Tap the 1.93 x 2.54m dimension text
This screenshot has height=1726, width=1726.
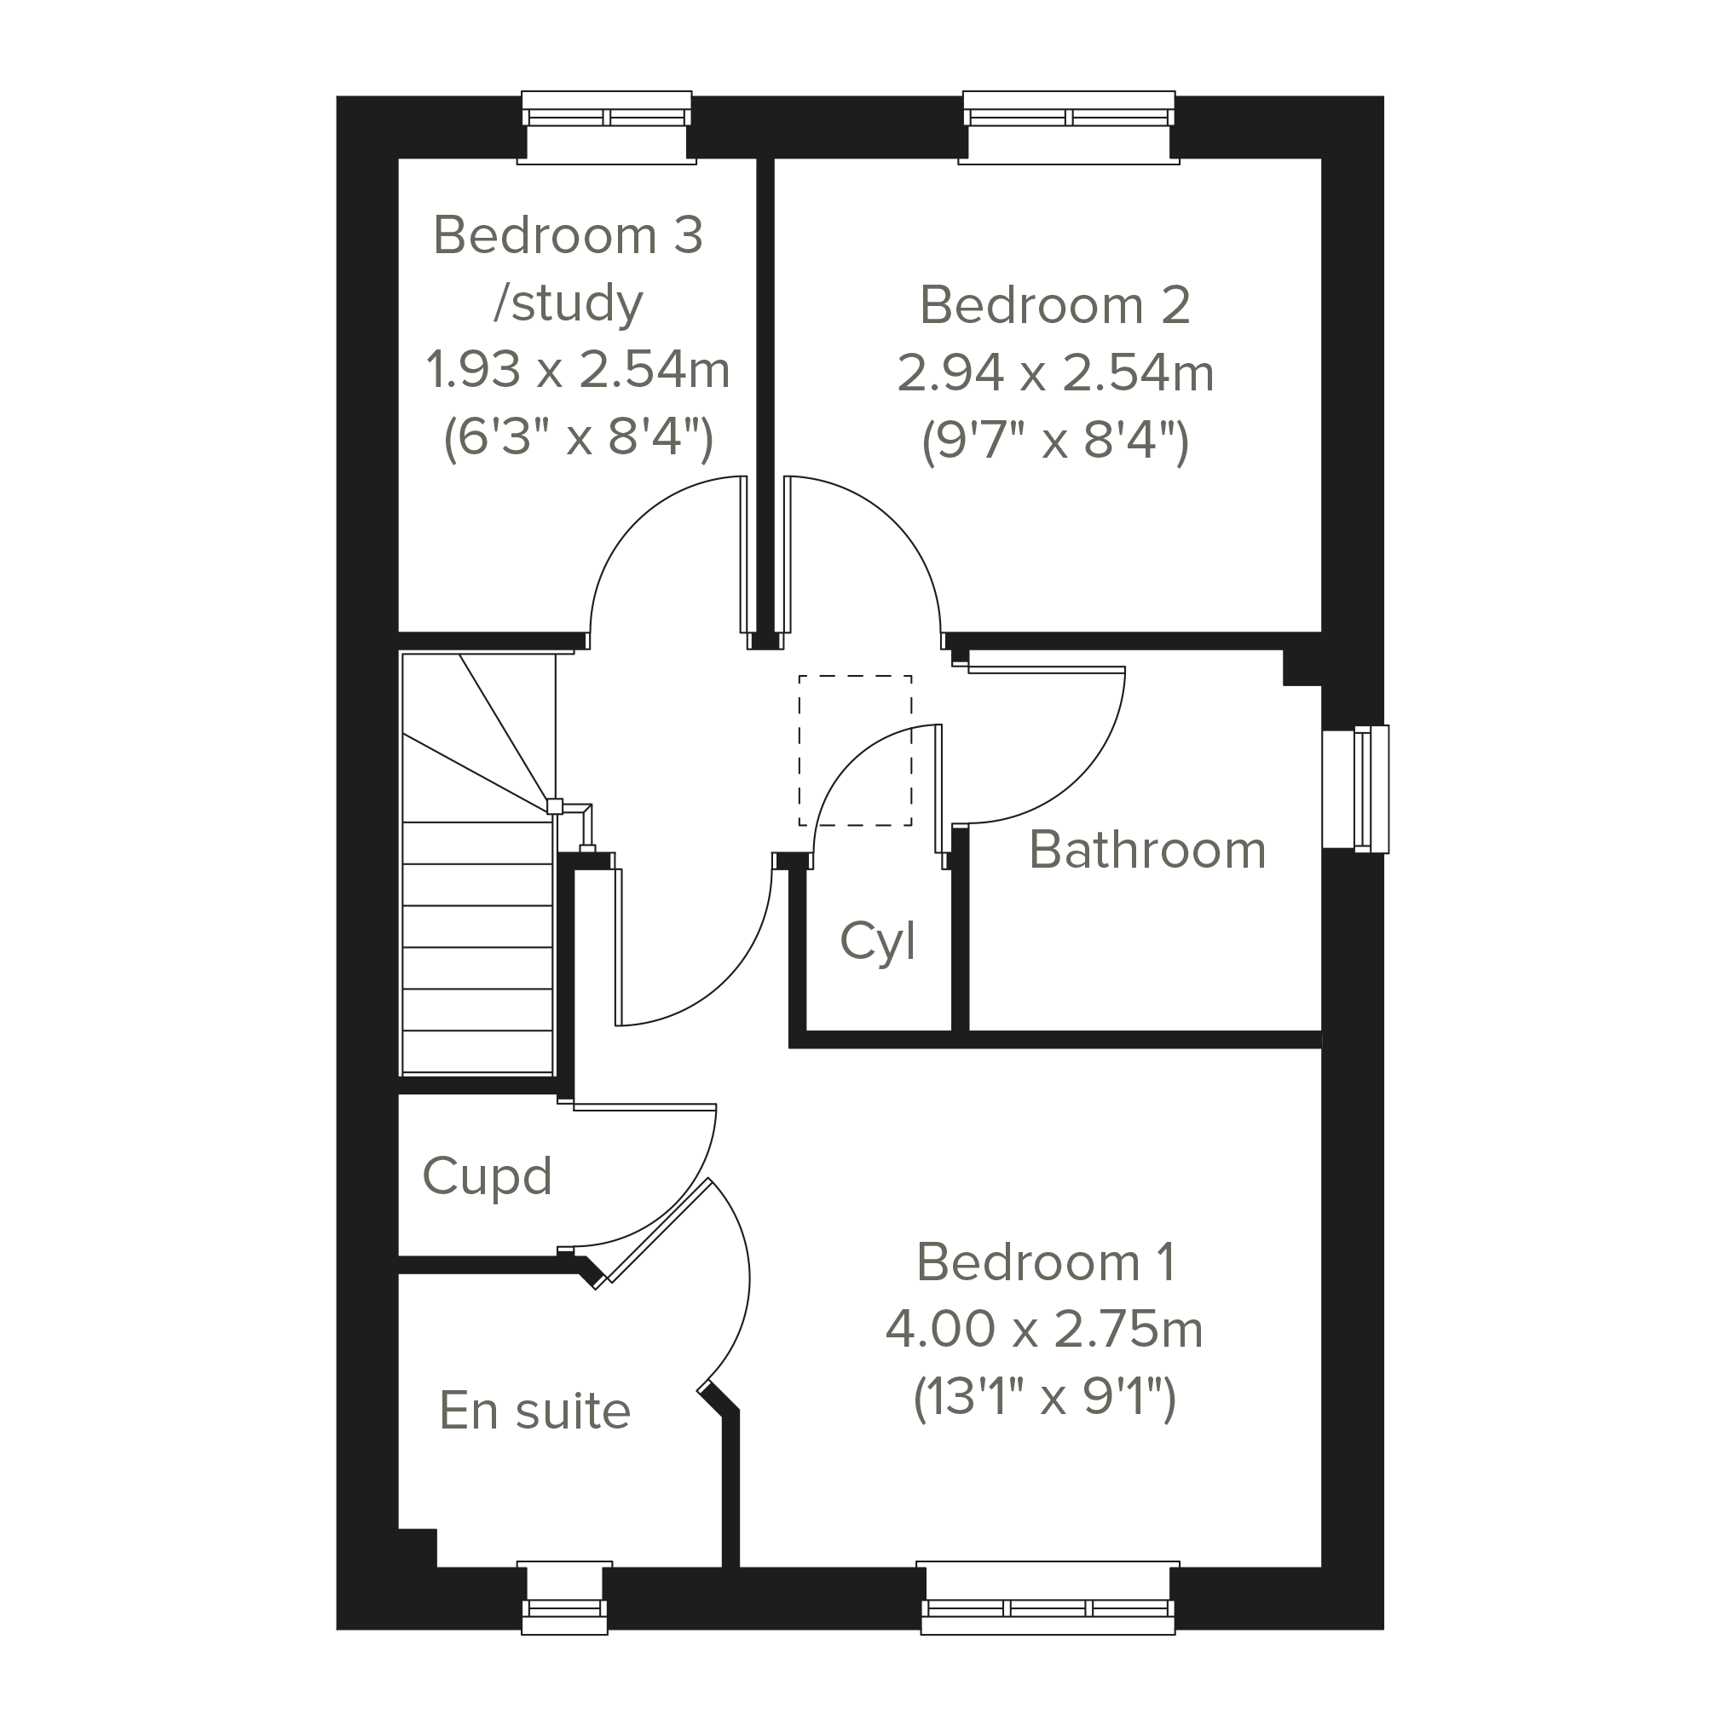click(x=578, y=370)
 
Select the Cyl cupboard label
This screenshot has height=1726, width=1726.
click(x=877, y=942)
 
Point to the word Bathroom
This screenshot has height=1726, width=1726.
click(x=1147, y=850)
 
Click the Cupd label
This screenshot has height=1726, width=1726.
click(x=487, y=1175)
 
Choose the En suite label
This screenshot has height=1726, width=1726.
click(x=534, y=1411)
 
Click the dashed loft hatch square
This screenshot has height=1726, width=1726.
click(x=855, y=750)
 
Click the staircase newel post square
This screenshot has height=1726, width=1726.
click(x=555, y=805)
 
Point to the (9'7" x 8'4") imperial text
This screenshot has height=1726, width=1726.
click(x=1054, y=442)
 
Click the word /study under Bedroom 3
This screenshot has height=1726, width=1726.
click(x=569, y=303)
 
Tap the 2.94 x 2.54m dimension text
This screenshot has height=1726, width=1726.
click(x=1054, y=373)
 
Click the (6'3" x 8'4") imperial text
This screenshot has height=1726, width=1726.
click(x=578, y=438)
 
